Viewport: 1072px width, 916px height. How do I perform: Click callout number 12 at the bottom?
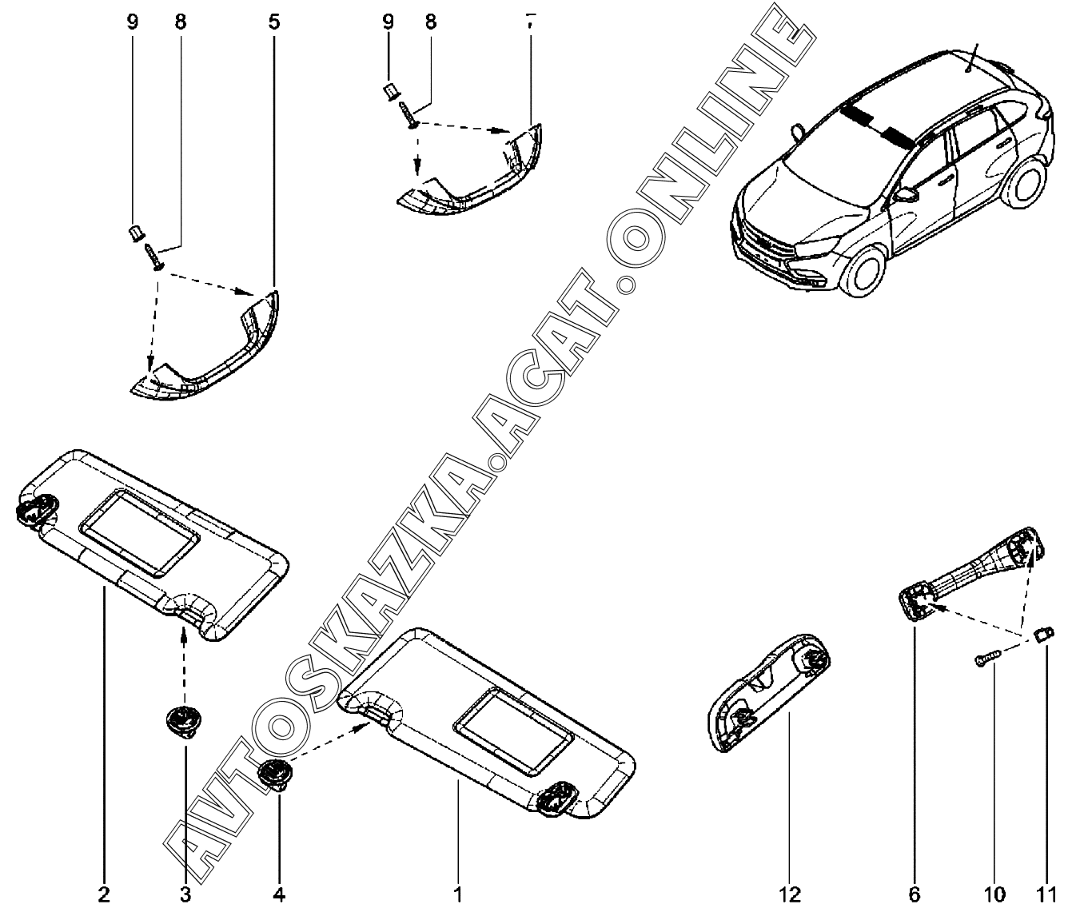(x=789, y=894)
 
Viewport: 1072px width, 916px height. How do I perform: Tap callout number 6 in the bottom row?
(x=915, y=894)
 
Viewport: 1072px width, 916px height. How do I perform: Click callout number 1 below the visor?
(x=458, y=894)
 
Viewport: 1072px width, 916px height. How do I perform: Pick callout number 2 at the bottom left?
(x=103, y=894)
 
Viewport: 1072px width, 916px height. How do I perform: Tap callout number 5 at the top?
(x=274, y=22)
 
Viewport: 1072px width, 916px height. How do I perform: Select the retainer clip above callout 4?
(x=275, y=775)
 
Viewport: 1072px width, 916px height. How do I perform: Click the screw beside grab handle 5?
(x=154, y=257)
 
